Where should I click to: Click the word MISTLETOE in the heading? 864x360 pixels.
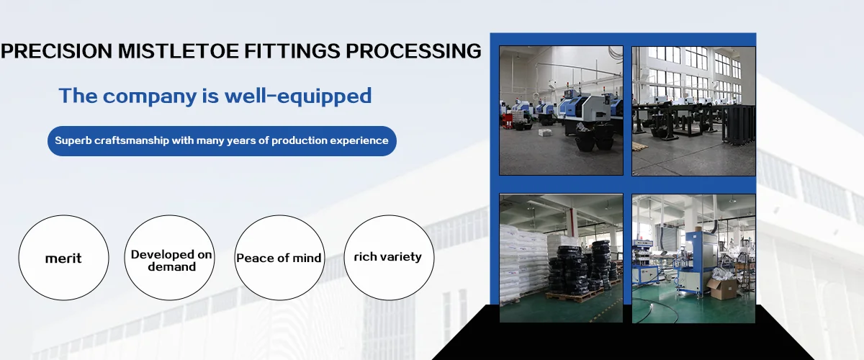pyautogui.click(x=179, y=51)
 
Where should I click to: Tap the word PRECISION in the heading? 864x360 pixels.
pyautogui.click(x=56, y=51)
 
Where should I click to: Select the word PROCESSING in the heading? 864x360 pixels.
pyautogui.click(x=413, y=51)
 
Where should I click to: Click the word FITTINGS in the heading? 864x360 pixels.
pyautogui.click(x=292, y=51)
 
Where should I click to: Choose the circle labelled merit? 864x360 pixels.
pyautogui.click(x=63, y=258)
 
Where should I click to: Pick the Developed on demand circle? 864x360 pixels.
pyautogui.click(x=170, y=258)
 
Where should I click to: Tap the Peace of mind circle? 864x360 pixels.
pyautogui.click(x=279, y=258)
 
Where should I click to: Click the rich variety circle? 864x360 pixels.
pyautogui.click(x=389, y=258)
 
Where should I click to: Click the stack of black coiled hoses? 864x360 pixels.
pyautogui.click(x=582, y=267)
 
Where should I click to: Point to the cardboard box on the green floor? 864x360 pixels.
pyautogui.click(x=721, y=289)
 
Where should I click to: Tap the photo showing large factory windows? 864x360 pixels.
pyautogui.click(x=693, y=111)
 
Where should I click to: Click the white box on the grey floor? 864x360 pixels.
pyautogui.click(x=544, y=132)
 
